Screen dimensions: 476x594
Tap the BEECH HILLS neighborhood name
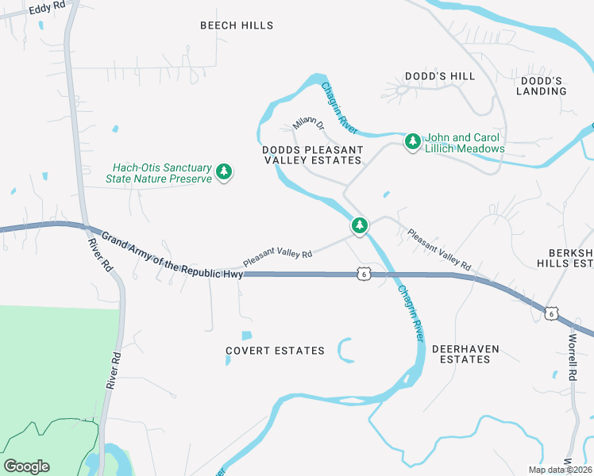(237, 25)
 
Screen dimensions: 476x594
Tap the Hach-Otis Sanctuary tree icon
(224, 171)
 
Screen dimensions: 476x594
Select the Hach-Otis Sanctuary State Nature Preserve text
(162, 173)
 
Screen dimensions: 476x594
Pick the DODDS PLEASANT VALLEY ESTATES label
(312, 155)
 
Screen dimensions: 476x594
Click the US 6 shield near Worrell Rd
(550, 313)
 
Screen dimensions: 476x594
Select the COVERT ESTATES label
(275, 351)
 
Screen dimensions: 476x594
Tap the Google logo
(26, 466)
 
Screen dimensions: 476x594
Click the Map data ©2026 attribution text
(559, 470)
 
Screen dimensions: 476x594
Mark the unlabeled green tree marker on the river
(361, 226)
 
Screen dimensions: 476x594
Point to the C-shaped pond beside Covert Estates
(345, 350)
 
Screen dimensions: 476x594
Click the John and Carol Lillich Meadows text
(465, 143)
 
